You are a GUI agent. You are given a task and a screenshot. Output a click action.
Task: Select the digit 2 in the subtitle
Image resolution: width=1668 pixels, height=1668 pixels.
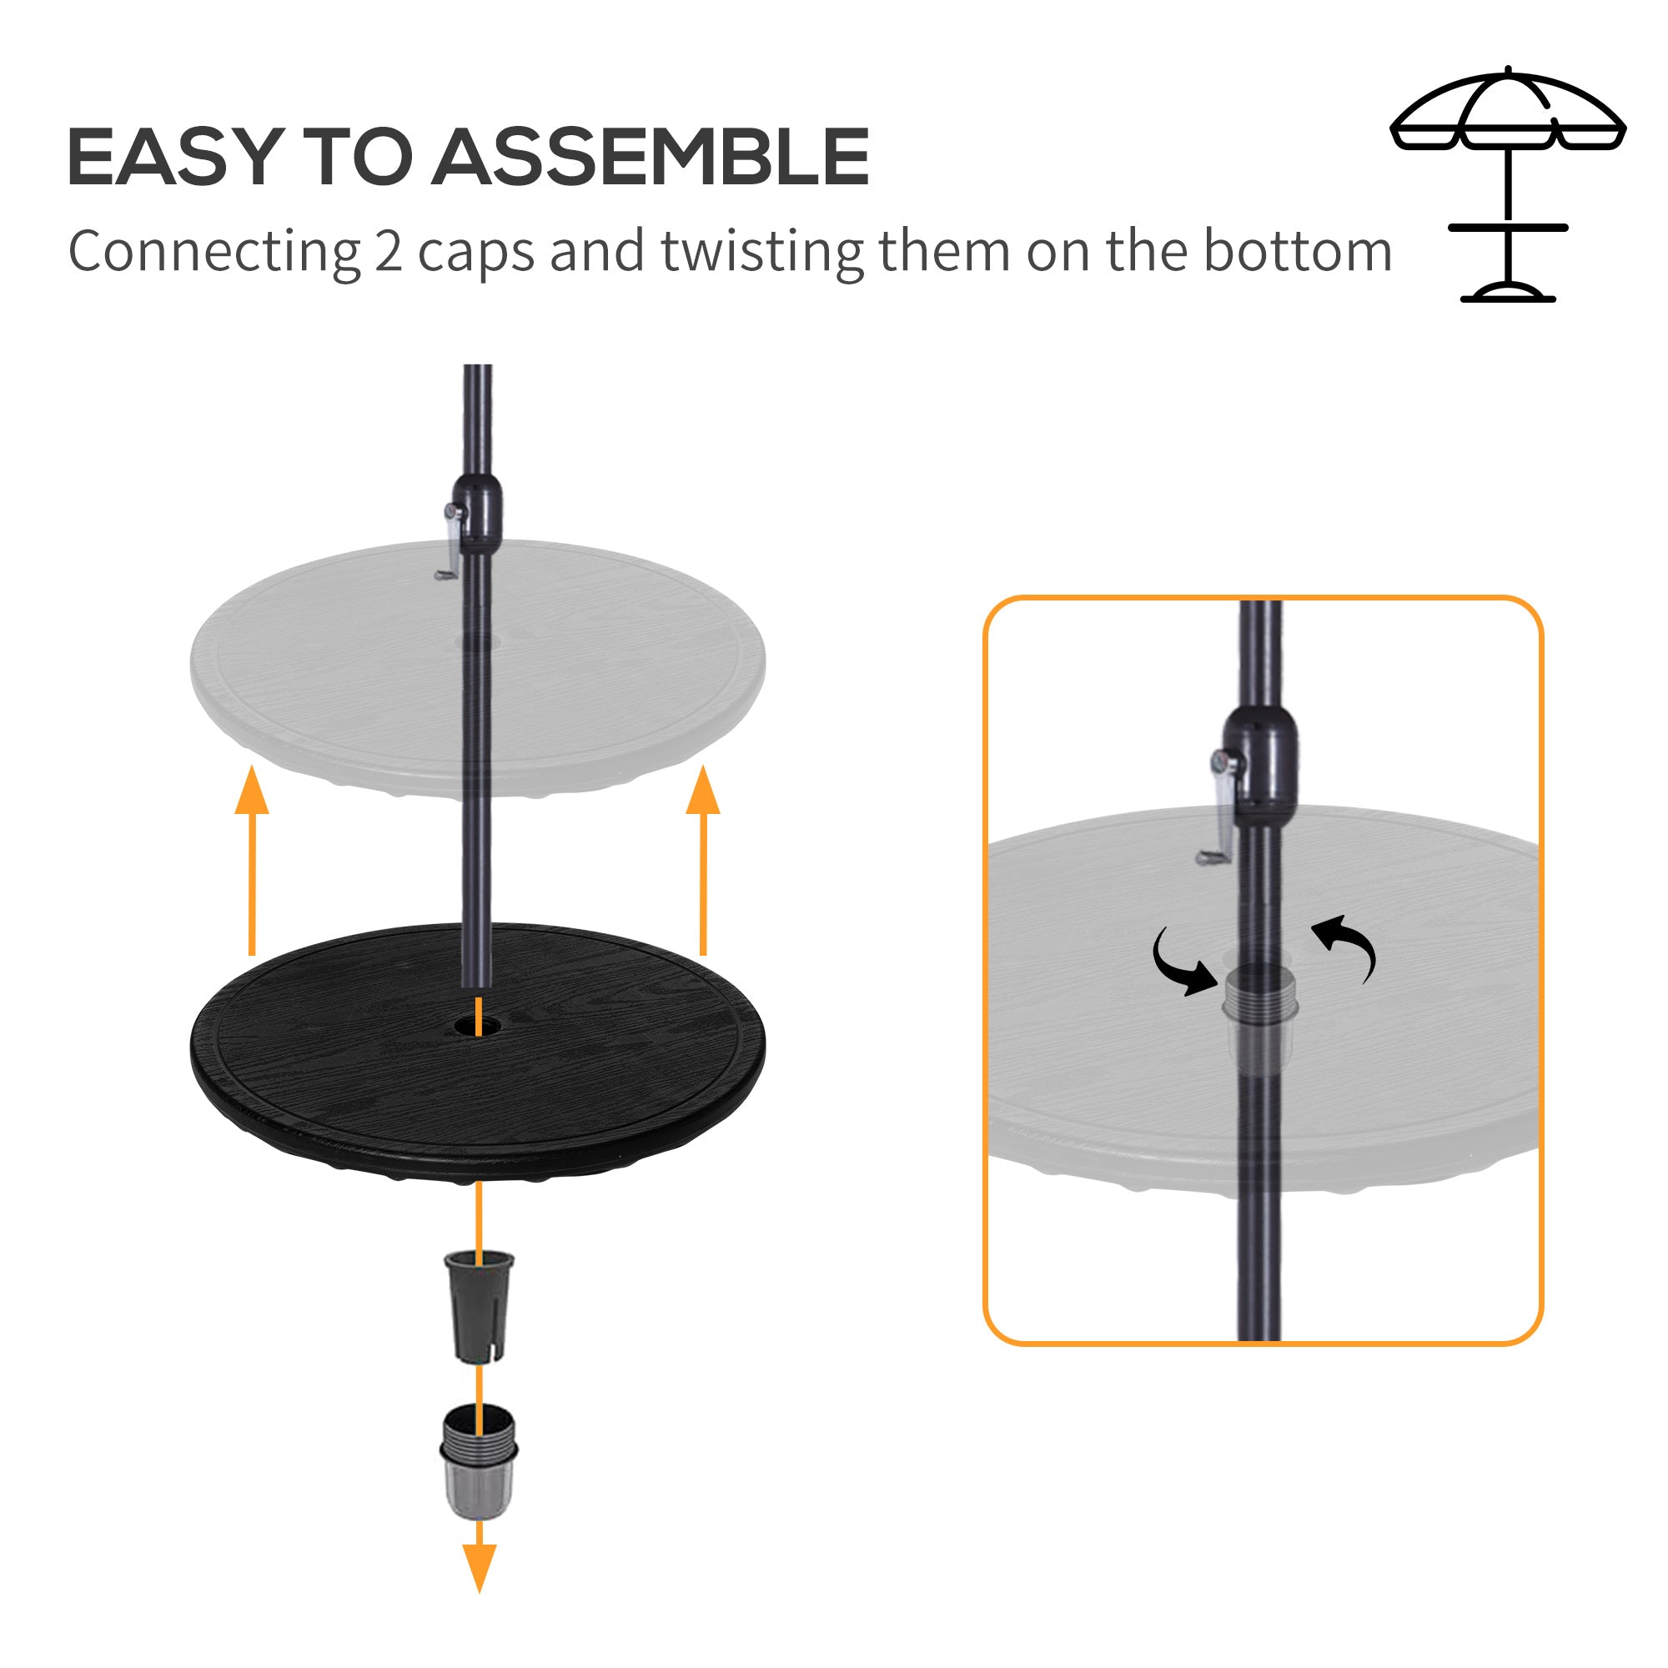point(389,251)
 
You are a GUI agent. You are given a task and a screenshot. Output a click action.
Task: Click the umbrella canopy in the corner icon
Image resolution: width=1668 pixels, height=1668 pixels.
point(1507,113)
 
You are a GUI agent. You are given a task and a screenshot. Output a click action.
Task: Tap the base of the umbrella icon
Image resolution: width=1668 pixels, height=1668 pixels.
point(1507,293)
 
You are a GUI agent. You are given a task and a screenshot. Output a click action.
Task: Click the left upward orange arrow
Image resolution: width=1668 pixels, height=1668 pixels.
point(252,859)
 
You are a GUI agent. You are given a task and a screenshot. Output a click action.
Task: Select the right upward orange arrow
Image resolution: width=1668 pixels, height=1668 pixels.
point(703,859)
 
